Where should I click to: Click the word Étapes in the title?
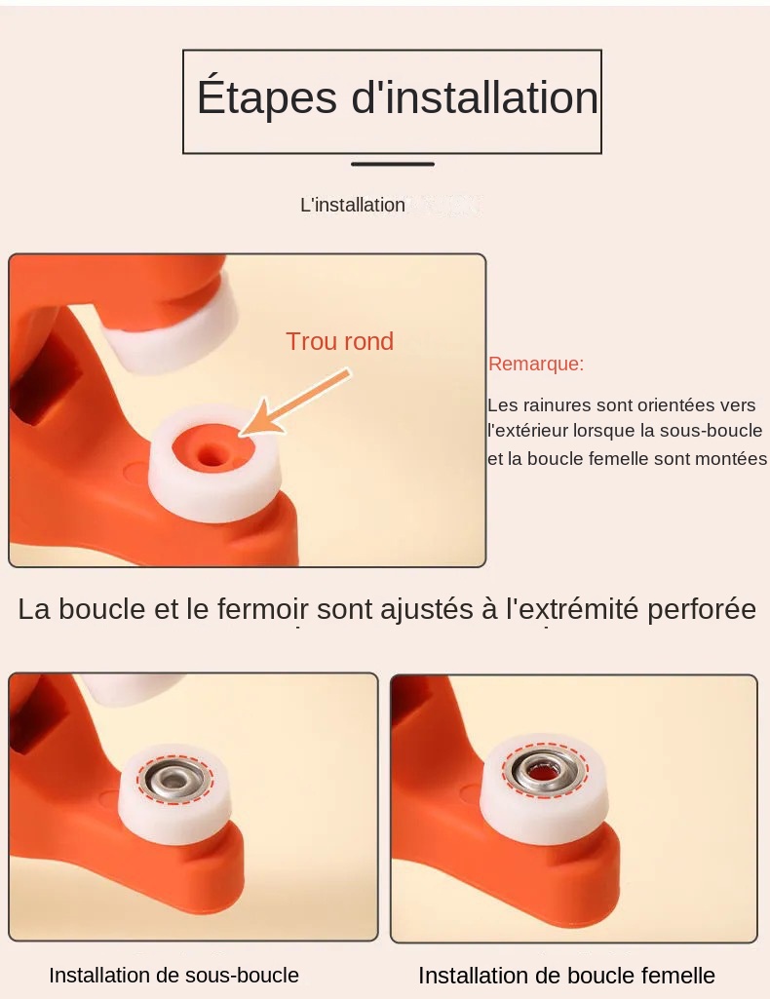click(x=266, y=96)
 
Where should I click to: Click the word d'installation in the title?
click(x=475, y=96)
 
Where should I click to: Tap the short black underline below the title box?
click(x=393, y=164)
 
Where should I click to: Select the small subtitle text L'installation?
click(x=353, y=205)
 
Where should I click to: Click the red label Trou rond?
click(x=339, y=341)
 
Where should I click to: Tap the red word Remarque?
click(x=536, y=364)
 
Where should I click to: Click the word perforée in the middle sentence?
click(x=702, y=610)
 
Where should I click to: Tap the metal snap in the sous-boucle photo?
click(x=173, y=779)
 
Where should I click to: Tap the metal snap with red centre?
click(x=544, y=771)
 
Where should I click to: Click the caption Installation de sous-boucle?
click(x=173, y=975)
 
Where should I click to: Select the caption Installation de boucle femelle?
click(x=566, y=976)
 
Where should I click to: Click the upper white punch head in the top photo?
click(x=169, y=331)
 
